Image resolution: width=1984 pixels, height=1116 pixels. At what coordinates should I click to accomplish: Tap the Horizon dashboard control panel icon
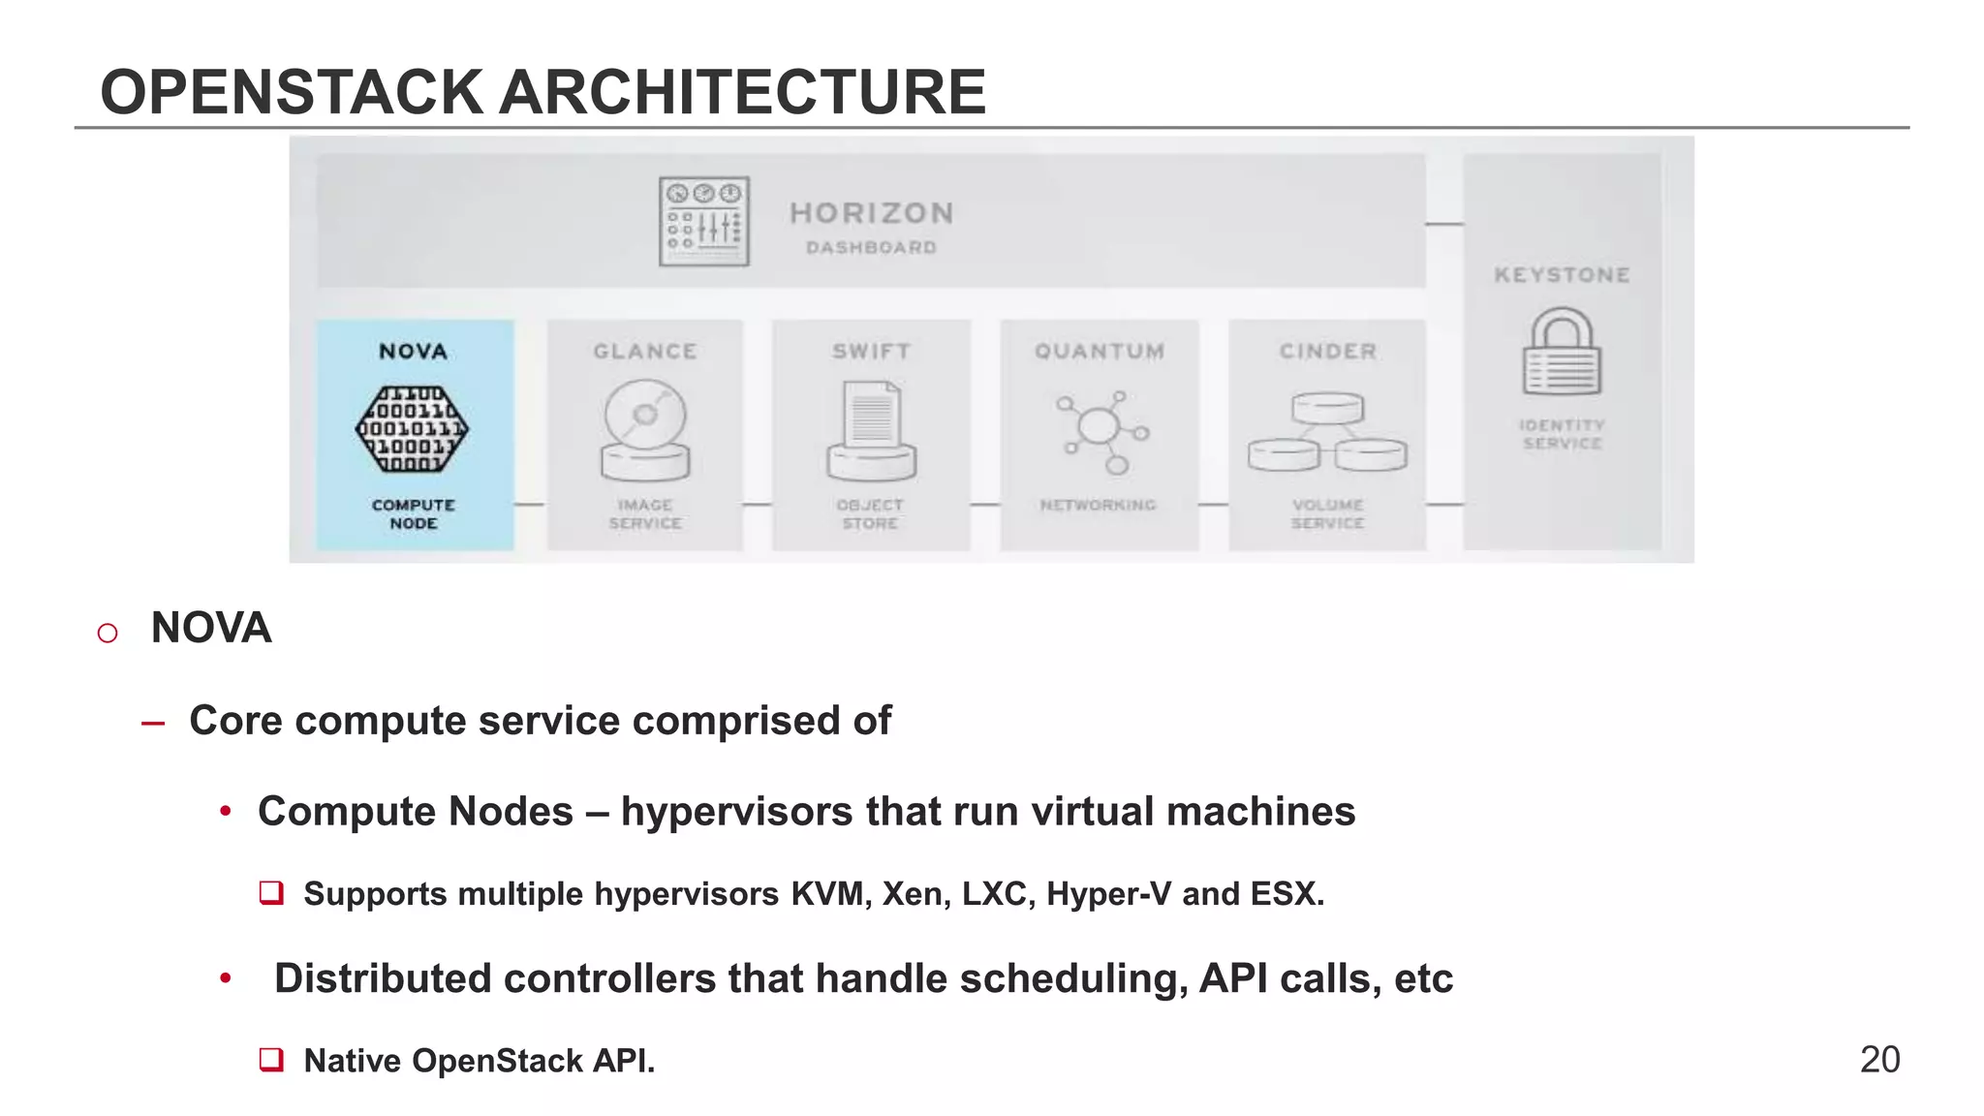[704, 221]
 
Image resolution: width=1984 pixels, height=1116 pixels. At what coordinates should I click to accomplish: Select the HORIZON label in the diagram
[872, 213]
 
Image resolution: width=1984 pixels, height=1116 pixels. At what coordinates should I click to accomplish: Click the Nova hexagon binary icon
[413, 429]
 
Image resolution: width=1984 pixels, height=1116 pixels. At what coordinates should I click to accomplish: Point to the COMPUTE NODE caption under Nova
[414, 513]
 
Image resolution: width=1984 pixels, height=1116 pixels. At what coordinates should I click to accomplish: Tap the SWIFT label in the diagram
[871, 352]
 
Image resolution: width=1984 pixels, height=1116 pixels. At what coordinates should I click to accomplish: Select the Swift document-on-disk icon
[872, 430]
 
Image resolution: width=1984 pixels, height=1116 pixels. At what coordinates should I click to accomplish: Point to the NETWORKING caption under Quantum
[1099, 505]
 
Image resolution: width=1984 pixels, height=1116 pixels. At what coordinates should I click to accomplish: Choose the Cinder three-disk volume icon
[1327, 432]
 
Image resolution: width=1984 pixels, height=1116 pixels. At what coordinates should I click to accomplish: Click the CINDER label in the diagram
[1327, 352]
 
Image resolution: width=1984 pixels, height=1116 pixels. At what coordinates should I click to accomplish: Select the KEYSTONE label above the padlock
[1562, 275]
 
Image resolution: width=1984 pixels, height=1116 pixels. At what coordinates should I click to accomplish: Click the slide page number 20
[1879, 1060]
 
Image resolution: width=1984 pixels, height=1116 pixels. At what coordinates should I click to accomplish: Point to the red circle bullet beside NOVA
[108, 633]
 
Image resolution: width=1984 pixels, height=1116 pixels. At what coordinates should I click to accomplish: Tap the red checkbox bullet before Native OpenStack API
[271, 1059]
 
